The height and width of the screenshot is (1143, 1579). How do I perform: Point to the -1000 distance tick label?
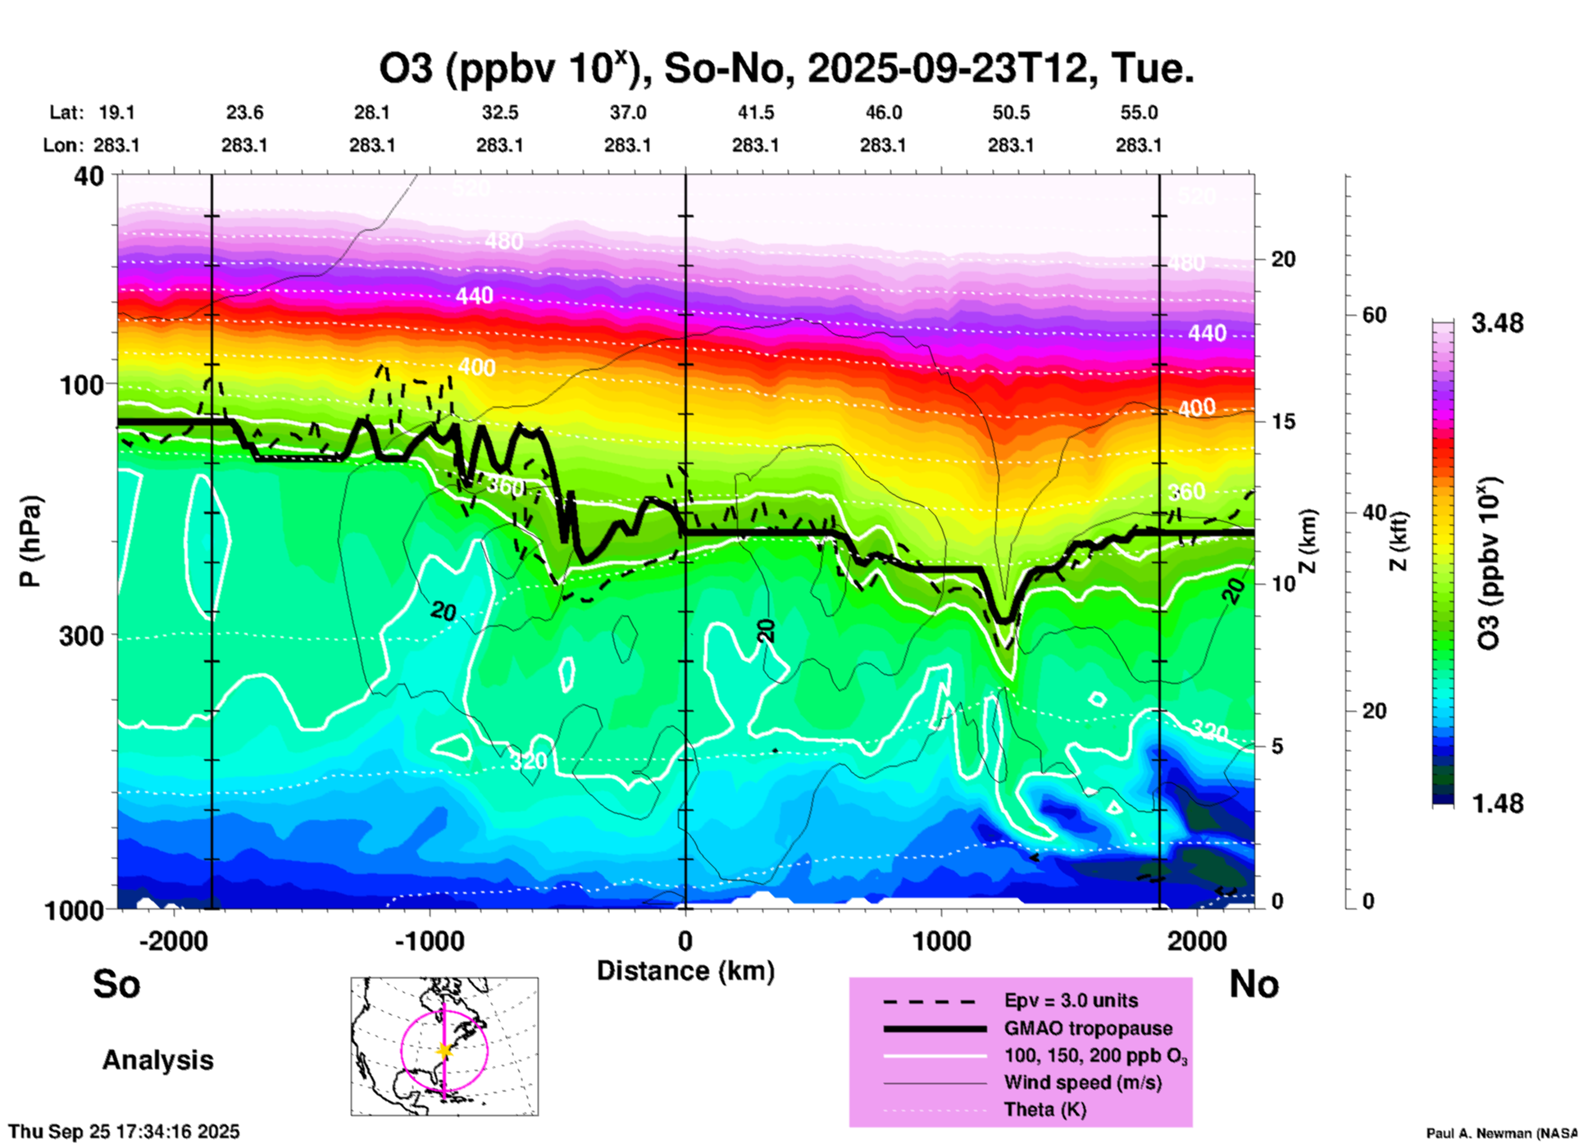click(x=429, y=940)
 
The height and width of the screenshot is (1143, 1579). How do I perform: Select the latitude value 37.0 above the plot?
click(x=627, y=112)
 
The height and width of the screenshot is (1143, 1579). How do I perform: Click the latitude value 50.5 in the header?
click(x=1010, y=112)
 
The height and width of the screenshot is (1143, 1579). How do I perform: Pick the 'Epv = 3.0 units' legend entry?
click(x=1071, y=1000)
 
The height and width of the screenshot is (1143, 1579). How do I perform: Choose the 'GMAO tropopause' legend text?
click(x=1088, y=1028)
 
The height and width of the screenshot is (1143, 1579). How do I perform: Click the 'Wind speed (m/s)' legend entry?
click(x=1082, y=1082)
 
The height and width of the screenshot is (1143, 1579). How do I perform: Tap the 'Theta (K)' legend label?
click(x=1044, y=1109)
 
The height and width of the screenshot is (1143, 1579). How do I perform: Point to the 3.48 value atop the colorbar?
click(x=1497, y=323)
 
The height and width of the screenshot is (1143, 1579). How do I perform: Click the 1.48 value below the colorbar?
click(x=1497, y=803)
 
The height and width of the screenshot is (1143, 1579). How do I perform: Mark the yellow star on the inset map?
click(x=444, y=1050)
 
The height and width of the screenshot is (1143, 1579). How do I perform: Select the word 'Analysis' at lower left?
click(x=157, y=1059)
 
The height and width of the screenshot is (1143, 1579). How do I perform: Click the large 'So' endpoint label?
click(x=116, y=983)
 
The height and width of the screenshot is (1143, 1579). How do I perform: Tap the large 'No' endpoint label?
click(x=1254, y=983)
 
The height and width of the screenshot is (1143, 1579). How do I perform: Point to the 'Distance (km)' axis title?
click(x=685, y=971)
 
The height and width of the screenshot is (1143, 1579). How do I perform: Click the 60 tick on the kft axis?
click(x=1374, y=315)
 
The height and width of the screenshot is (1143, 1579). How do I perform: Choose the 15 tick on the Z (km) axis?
click(x=1283, y=421)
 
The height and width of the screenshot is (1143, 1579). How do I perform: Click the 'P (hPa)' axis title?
click(x=30, y=541)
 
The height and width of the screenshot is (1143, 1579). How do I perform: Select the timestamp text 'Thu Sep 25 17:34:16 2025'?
click(x=124, y=1132)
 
